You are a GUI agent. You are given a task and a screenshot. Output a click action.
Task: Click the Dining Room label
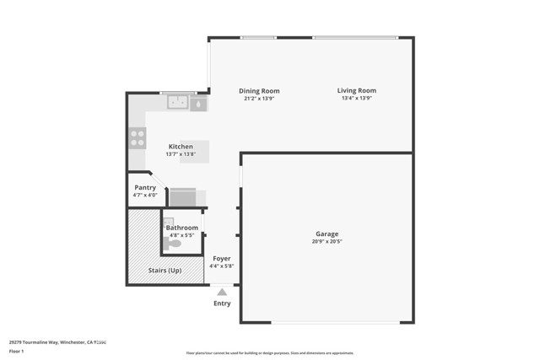pos(259,91)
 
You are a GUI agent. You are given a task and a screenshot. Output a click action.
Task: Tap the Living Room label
pos(357,91)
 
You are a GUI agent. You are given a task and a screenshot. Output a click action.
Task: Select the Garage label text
pos(327,234)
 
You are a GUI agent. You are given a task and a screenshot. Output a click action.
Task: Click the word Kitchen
pos(181,147)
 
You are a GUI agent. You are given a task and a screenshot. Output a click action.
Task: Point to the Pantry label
pos(145,187)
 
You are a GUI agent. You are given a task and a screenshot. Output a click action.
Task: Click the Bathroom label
pos(182,228)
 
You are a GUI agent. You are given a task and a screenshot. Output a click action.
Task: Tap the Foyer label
pos(221,259)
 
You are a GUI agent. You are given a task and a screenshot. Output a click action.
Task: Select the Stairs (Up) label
pos(165,271)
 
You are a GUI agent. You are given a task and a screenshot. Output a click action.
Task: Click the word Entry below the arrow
pos(222,304)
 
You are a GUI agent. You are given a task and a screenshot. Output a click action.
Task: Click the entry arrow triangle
pos(222,292)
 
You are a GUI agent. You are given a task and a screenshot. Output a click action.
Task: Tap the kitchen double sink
pos(178,103)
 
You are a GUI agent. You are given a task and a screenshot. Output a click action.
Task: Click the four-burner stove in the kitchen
pos(138,138)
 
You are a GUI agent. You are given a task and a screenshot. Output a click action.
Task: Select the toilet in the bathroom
pos(173,244)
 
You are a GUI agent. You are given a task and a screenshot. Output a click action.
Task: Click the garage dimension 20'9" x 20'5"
pos(327,241)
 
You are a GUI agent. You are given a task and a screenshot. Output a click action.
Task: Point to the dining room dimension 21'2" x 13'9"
pos(259,99)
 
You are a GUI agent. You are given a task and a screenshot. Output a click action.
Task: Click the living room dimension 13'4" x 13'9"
pos(357,99)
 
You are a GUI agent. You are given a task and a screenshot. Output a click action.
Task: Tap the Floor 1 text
pos(32,351)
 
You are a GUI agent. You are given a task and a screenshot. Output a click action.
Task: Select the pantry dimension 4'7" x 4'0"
pos(145,195)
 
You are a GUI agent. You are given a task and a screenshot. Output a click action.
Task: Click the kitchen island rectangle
pos(195,152)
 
